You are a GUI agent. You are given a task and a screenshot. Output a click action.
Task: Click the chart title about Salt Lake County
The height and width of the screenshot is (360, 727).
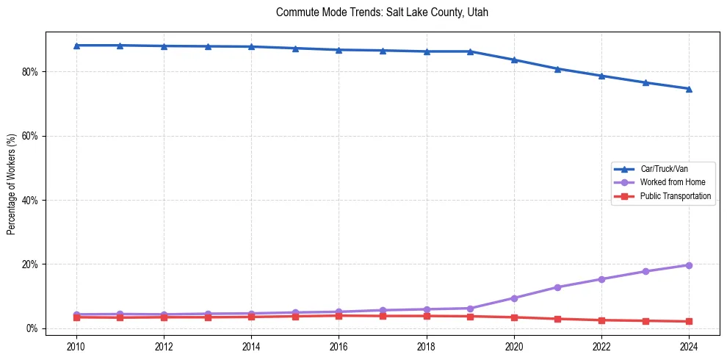(x=382, y=12)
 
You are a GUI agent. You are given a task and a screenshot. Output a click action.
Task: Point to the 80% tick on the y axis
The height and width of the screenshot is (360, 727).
(x=30, y=72)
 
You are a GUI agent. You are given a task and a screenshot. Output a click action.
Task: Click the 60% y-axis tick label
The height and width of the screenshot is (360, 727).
(x=30, y=136)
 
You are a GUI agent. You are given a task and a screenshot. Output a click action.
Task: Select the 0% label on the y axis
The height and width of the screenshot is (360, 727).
(x=32, y=328)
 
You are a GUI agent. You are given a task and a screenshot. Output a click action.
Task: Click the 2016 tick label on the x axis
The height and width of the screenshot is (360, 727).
(x=339, y=347)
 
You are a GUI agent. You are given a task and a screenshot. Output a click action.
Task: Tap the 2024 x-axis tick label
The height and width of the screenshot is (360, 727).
(x=689, y=347)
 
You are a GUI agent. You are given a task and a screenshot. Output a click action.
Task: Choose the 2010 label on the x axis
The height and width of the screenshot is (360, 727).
(x=76, y=347)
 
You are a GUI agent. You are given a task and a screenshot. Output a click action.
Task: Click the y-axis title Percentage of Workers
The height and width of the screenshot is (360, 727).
(x=12, y=184)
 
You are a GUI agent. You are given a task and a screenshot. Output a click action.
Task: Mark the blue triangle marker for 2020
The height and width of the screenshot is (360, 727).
(x=514, y=60)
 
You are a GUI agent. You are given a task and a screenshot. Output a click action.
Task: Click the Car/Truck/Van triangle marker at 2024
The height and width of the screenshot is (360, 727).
(x=689, y=89)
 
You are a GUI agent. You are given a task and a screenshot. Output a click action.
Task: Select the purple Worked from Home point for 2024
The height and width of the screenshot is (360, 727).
(x=689, y=265)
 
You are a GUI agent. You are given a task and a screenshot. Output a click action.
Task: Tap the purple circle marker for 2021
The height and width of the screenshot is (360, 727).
(x=557, y=287)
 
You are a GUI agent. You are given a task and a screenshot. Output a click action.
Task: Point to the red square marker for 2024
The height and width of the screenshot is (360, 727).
(x=689, y=322)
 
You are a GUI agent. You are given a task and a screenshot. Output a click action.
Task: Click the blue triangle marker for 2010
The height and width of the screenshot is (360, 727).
(x=76, y=46)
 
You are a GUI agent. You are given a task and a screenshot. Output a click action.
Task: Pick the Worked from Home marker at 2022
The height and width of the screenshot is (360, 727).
(x=601, y=279)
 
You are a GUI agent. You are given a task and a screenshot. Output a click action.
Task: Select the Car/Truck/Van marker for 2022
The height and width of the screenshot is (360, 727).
(x=601, y=76)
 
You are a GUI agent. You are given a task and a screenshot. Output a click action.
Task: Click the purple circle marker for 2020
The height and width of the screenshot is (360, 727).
(x=514, y=298)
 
